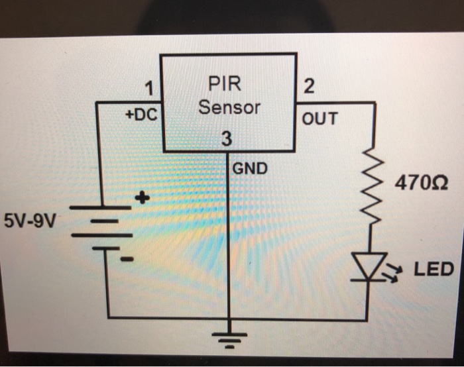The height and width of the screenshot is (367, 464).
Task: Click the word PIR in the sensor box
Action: (225, 84)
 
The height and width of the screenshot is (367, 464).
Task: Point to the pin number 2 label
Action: (309, 87)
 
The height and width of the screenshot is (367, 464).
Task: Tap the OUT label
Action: (319, 119)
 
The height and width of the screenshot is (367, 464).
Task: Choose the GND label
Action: (250, 168)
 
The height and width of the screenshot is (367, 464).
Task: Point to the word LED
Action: (434, 270)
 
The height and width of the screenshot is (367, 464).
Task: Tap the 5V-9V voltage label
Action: (30, 220)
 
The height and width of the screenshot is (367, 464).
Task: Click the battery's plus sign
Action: (143, 198)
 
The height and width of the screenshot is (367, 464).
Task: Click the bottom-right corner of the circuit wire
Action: (369, 319)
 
